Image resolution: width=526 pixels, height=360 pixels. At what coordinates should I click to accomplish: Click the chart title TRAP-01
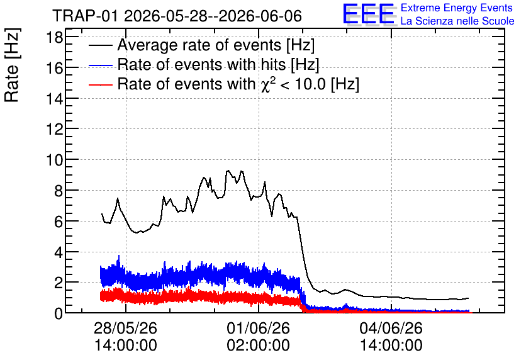coord(86,16)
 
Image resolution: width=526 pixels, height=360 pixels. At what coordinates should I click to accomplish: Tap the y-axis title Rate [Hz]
coord(12,65)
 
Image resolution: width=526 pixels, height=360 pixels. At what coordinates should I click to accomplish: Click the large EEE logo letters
coord(369,14)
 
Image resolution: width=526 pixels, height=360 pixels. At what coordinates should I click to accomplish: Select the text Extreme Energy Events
coord(457,8)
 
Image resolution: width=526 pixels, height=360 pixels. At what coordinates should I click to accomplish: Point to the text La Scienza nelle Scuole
coord(457,21)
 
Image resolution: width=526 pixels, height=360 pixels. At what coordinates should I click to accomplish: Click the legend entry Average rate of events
coord(216,45)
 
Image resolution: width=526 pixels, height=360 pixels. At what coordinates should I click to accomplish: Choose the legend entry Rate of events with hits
coord(218,64)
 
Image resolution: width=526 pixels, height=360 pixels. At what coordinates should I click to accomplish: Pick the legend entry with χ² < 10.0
coord(238,84)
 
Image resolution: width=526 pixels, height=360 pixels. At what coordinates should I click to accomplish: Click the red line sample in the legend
coord(100,84)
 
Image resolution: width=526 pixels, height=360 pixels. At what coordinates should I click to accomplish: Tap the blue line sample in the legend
coord(100,65)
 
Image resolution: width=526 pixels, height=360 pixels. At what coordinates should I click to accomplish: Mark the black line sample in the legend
coord(100,45)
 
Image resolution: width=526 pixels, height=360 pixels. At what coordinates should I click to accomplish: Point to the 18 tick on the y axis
coord(54,37)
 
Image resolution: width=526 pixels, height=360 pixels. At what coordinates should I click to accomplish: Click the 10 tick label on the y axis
coord(54,160)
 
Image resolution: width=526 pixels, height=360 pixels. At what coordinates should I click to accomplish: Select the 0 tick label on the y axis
coord(59,313)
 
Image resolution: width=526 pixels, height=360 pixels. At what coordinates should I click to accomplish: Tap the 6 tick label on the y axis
coord(59,222)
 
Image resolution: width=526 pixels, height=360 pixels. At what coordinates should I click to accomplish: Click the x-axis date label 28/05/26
coord(125,328)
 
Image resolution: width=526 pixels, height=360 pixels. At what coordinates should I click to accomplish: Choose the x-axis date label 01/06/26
coord(259,328)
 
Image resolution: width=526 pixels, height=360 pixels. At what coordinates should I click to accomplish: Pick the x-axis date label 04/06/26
coord(391,328)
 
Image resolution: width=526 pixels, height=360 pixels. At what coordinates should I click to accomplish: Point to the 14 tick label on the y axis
coord(54,99)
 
